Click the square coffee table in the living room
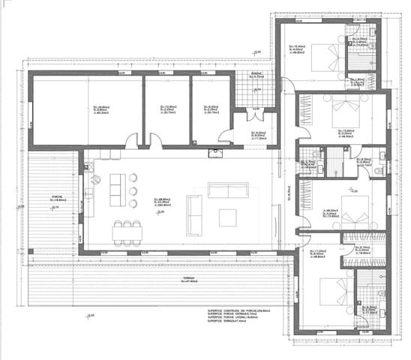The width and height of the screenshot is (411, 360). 228,217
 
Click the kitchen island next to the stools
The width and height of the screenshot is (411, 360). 115,190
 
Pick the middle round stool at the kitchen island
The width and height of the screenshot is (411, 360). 133,190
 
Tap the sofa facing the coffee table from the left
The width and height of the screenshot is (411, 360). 193,214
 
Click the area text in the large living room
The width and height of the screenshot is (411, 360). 160,202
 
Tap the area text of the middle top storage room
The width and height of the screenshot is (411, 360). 166,109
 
